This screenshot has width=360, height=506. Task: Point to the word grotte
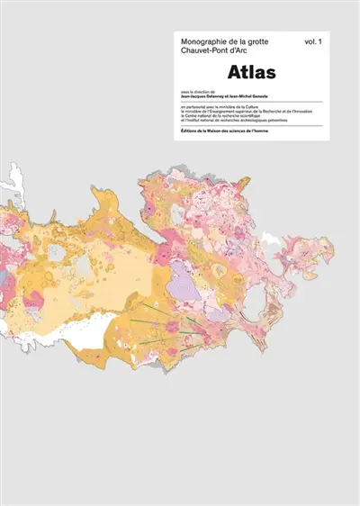[x=254, y=41]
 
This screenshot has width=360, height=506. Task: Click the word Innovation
[x=304, y=112]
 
